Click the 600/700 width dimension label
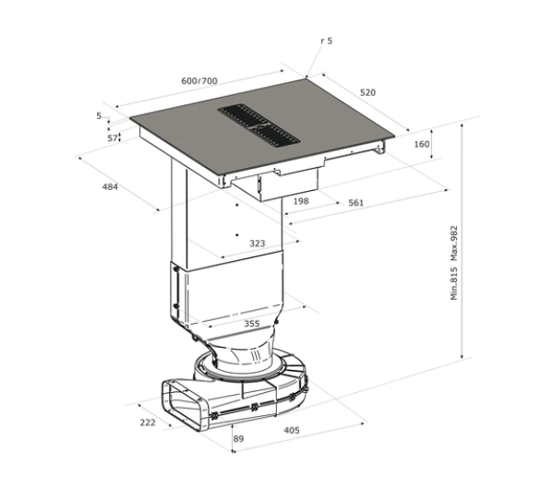click(x=199, y=81)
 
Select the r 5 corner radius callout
click(x=327, y=42)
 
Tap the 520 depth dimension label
click(x=367, y=93)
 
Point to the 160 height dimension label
click(x=422, y=145)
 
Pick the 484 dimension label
click(x=110, y=187)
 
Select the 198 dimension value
click(x=300, y=201)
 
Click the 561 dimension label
click(x=355, y=203)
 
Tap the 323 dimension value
click(x=258, y=244)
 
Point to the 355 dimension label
click(x=251, y=323)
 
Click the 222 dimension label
click(x=147, y=422)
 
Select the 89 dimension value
click(x=238, y=439)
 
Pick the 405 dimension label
click(x=292, y=430)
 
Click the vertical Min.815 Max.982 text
click(x=454, y=263)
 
